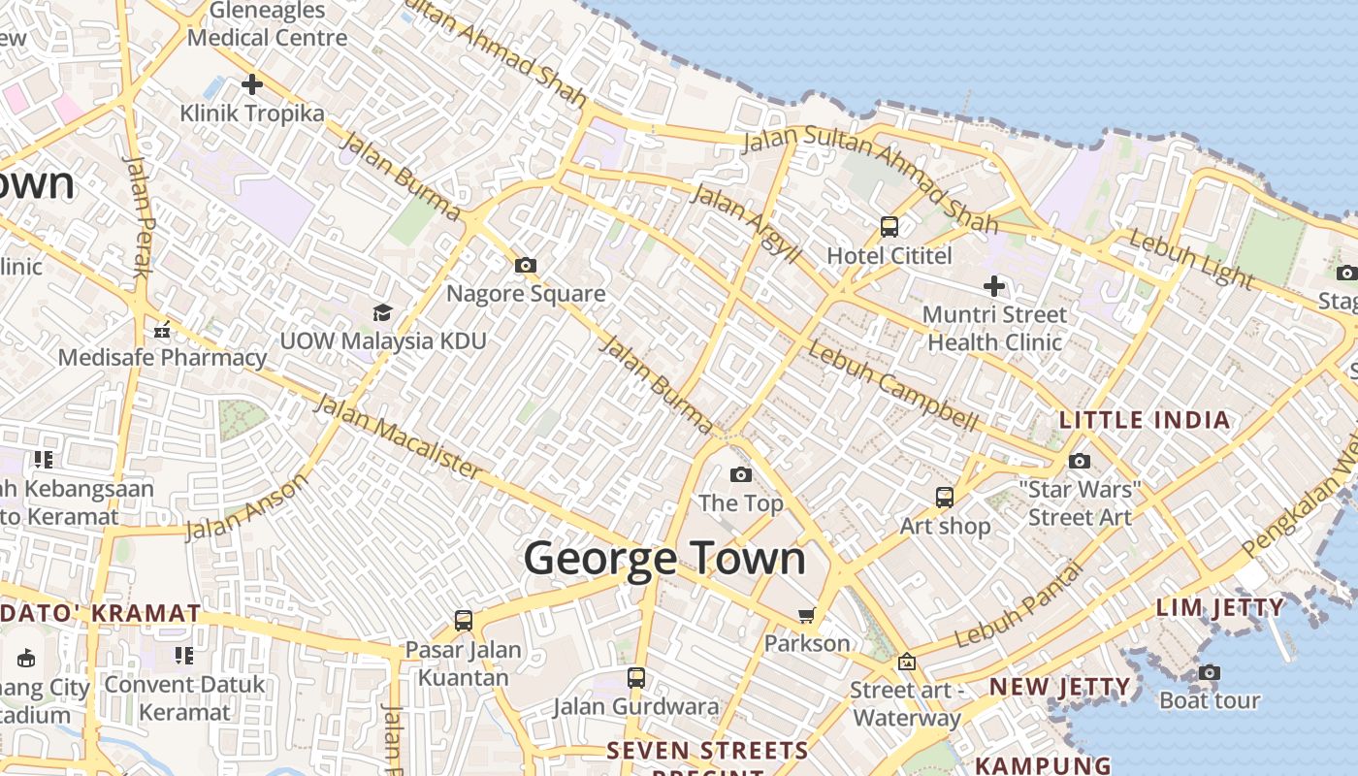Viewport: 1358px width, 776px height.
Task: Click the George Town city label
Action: click(664, 560)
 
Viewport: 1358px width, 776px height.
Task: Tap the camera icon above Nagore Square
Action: click(526, 265)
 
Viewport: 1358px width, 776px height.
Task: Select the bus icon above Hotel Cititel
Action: click(889, 227)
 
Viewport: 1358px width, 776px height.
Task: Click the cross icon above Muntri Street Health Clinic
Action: click(994, 286)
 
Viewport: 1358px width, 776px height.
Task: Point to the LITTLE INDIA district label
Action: click(1145, 420)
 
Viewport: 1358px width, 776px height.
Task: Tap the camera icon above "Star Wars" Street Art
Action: click(1080, 461)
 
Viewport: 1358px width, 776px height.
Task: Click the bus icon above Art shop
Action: click(945, 498)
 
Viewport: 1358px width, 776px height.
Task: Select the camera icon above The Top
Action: click(741, 474)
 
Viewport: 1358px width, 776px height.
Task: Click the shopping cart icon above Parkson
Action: click(806, 615)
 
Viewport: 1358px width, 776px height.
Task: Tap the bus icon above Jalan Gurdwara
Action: click(636, 678)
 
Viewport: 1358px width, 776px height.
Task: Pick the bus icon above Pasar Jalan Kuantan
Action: click(464, 620)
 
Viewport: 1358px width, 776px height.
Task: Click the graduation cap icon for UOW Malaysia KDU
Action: click(382, 312)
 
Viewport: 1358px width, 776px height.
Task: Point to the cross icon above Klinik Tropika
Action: click(252, 84)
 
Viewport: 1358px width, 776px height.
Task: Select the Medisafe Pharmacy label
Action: click(162, 357)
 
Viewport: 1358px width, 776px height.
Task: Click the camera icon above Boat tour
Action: click(1209, 672)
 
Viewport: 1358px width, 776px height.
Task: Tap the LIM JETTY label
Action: click(1220, 608)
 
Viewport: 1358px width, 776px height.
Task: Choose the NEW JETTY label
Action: click(1059, 687)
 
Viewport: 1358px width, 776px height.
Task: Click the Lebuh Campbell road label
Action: click(892, 387)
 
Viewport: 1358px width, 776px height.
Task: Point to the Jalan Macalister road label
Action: click(398, 436)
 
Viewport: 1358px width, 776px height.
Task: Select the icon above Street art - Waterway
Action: click(907, 663)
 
